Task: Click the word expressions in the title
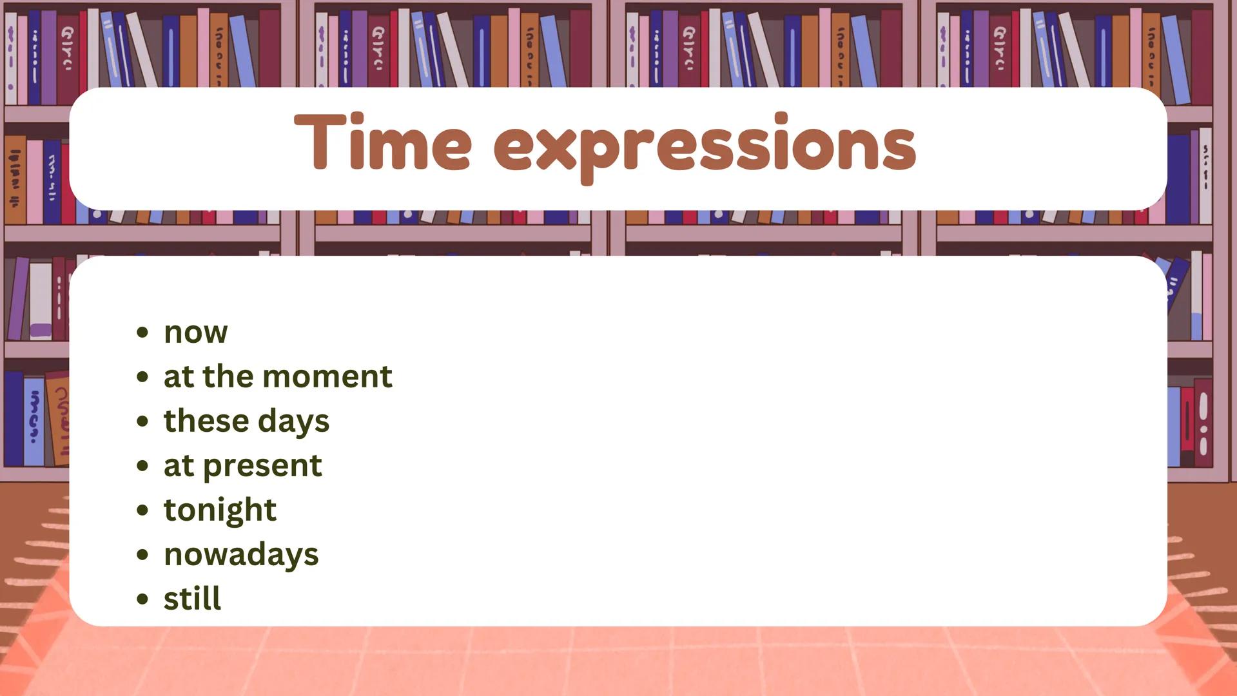click(x=705, y=148)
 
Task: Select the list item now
click(x=195, y=333)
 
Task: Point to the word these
click(x=206, y=421)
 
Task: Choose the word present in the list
click(x=262, y=466)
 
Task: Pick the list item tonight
click(x=220, y=510)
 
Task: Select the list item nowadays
click(x=241, y=555)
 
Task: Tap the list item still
click(x=192, y=599)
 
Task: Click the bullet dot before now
click(x=142, y=333)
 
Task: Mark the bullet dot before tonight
click(x=142, y=510)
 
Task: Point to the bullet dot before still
click(x=142, y=599)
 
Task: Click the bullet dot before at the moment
click(x=142, y=377)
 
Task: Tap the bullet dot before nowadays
click(x=142, y=555)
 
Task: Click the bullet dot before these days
click(x=142, y=421)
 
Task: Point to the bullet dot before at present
click(x=142, y=466)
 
